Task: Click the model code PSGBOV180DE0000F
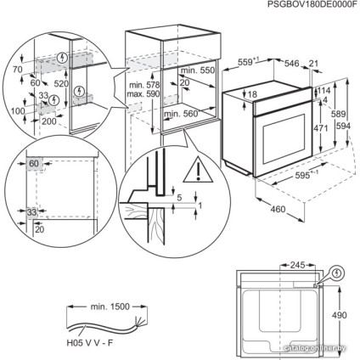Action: coord(305,7)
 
